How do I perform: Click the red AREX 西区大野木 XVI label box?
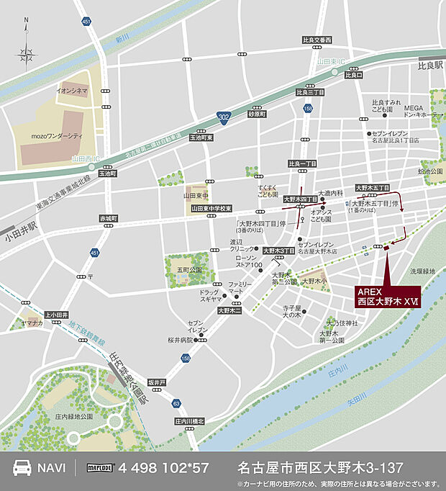pyautogui.click(x=387, y=296)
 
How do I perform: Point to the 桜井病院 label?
pyautogui.click(x=181, y=339)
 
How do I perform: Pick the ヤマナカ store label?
pyautogui.click(x=33, y=325)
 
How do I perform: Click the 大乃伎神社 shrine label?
pyautogui.click(x=340, y=323)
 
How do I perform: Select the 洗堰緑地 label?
pyautogui.click(x=423, y=271)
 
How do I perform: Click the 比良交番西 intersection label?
pyautogui.click(x=317, y=40)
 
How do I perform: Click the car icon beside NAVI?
pyautogui.click(x=22, y=467)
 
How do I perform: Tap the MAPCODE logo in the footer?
pyautogui.click(x=101, y=467)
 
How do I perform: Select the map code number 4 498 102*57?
pyautogui.click(x=165, y=467)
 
